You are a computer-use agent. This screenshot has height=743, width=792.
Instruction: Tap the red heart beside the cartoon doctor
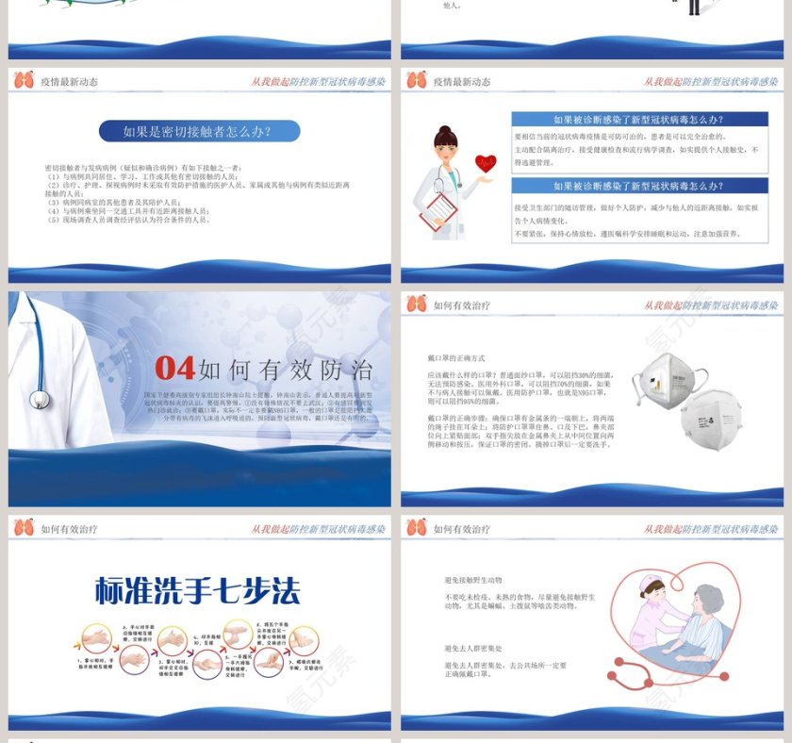point(485,162)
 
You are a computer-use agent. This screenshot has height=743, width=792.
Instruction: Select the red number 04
point(174,368)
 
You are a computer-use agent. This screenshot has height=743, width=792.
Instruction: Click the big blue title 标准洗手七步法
point(198,590)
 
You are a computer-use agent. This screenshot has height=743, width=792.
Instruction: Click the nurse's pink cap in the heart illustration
point(649,586)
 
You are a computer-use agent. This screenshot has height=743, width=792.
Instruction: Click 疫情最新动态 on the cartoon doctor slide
point(462,82)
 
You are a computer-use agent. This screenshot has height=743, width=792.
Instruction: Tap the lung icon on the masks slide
point(416,305)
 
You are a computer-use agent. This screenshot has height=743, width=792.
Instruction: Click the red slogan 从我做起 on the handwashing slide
point(269,529)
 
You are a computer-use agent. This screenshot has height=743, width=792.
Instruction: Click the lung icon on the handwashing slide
point(24,528)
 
